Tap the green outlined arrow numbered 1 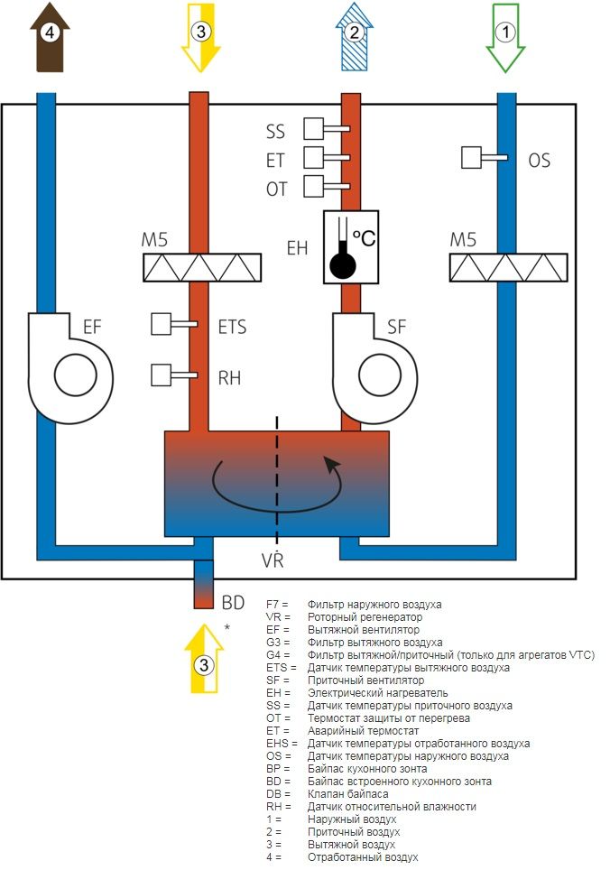point(505,38)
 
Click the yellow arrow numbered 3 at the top point(201,38)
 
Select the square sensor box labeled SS point(313,129)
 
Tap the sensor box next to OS point(471,158)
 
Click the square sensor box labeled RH point(161,375)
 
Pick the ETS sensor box point(161,324)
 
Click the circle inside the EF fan point(76,375)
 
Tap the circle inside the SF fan point(380,375)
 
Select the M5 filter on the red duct point(202,267)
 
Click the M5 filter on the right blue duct point(508,267)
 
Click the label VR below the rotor point(273,560)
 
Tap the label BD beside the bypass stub point(233,602)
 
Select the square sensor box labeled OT point(313,187)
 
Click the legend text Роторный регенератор point(365,617)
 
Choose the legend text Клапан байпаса point(347,794)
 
